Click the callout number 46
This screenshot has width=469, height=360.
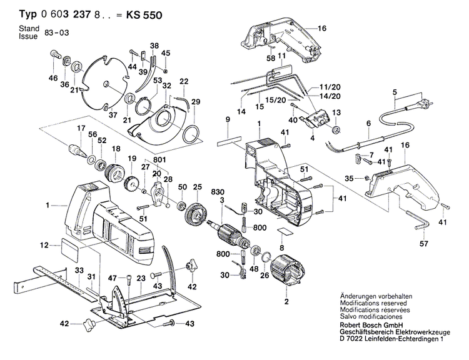(x=53, y=79)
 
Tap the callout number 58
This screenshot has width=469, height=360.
(x=271, y=58)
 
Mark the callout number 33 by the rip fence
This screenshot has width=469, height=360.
(x=79, y=269)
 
